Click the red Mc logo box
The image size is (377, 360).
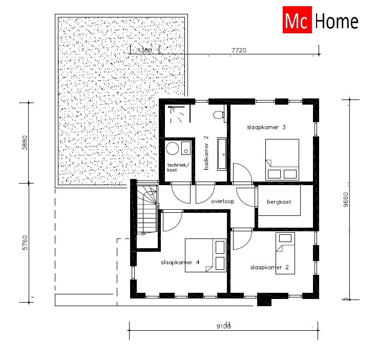[x=297, y=22]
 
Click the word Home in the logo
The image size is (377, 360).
[x=336, y=22]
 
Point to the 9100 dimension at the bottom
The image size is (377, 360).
[x=223, y=326]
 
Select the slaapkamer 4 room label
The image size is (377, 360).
[x=180, y=262]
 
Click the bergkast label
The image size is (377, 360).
[x=279, y=202]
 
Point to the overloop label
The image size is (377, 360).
[x=222, y=201]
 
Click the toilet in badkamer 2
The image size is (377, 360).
[x=220, y=114]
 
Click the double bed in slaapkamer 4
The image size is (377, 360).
[x=205, y=255]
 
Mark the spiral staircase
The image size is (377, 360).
[x=148, y=211]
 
